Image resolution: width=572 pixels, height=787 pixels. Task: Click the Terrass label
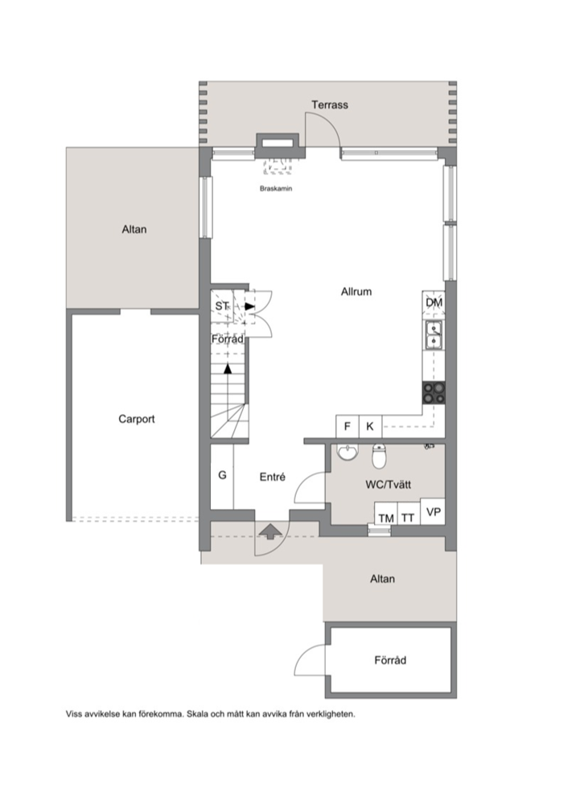[329, 105]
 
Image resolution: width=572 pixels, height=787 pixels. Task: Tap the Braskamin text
[276, 189]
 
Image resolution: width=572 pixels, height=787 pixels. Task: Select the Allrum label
[356, 292]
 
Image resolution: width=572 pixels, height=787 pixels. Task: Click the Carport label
[137, 419]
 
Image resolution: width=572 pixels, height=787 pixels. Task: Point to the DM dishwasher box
[434, 302]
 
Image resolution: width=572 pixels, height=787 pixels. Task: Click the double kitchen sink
[434, 334]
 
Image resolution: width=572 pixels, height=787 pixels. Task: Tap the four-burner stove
[434, 392]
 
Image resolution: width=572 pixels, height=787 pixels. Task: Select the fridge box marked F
[347, 427]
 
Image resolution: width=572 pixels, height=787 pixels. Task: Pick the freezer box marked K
[370, 427]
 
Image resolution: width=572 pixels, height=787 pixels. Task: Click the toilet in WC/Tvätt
[379, 455]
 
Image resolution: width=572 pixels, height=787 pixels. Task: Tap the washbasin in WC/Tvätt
[348, 453]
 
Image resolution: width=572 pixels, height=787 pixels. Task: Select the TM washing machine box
[385, 514]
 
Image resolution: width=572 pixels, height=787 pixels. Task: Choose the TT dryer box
[409, 514]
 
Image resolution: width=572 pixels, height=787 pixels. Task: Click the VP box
[432, 511]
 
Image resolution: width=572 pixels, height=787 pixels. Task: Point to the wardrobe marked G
[222, 476]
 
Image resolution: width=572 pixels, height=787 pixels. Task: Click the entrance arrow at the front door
[270, 531]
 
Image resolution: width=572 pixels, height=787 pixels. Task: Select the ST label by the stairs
[221, 306]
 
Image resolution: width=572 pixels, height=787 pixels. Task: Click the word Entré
[272, 477]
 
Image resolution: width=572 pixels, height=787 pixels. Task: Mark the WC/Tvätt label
[389, 485]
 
